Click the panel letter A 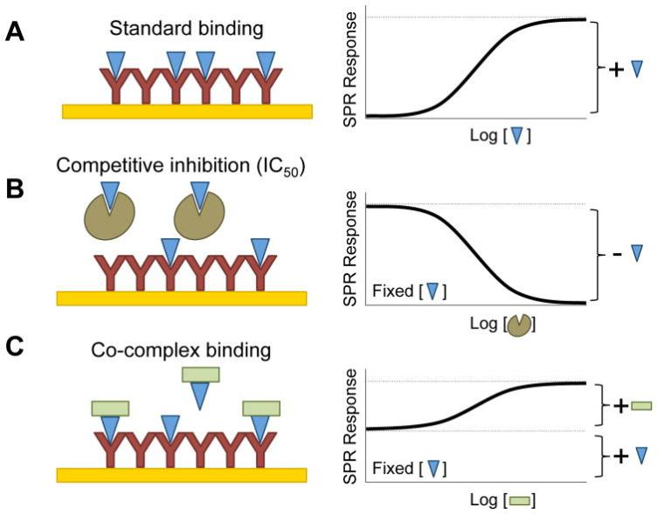pyautogui.click(x=15, y=32)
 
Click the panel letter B pyautogui.click(x=15, y=189)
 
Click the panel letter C pyautogui.click(x=15, y=347)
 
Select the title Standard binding pyautogui.click(x=186, y=29)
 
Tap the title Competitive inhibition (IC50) pyautogui.click(x=180, y=166)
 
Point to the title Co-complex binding pyautogui.click(x=181, y=350)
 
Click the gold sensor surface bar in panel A pyautogui.click(x=187, y=112)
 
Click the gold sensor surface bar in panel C pyautogui.click(x=182, y=475)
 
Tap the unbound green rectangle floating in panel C pyautogui.click(x=201, y=374)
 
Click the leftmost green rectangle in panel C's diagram pyautogui.click(x=110, y=408)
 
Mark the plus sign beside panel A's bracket pyautogui.click(x=616, y=70)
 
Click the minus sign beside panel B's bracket pyautogui.click(x=617, y=254)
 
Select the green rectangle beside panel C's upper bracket pyautogui.click(x=641, y=406)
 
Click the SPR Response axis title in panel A pyautogui.click(x=349, y=69)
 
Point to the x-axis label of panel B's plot pyautogui.click(x=502, y=324)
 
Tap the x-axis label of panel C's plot pyautogui.click(x=502, y=500)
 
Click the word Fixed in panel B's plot pyautogui.click(x=393, y=290)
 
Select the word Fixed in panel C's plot pyautogui.click(x=393, y=468)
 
